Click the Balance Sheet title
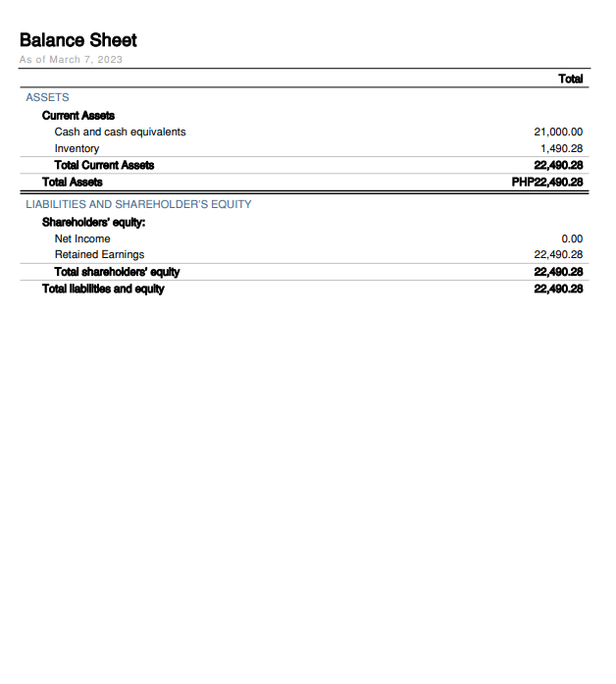tap(77, 40)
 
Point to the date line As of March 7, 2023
tap(71, 60)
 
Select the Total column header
tap(570, 79)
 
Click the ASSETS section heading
tap(47, 98)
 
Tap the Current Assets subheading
tap(78, 116)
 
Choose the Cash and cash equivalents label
tap(120, 132)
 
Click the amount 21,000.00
tap(558, 132)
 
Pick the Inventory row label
tap(77, 148)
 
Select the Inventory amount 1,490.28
tap(562, 148)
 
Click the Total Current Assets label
tap(104, 165)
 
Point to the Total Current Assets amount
tap(558, 165)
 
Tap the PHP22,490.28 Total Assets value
tap(547, 182)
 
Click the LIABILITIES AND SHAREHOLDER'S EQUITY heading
tap(138, 204)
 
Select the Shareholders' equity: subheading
tap(93, 222)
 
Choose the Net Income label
tap(82, 238)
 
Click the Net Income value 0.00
tap(572, 238)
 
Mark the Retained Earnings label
tap(99, 254)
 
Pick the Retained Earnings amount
tap(558, 254)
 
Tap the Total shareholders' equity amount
tap(558, 271)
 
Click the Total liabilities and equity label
tap(103, 289)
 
